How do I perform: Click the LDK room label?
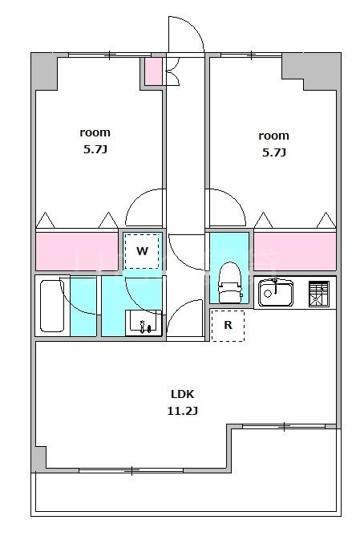(x=182, y=394)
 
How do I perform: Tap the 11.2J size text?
(x=182, y=411)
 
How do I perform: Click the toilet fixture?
(x=231, y=282)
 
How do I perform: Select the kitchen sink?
(x=276, y=293)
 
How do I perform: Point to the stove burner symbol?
(x=319, y=294)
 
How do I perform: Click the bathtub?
(x=52, y=306)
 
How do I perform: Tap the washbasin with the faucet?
(x=144, y=323)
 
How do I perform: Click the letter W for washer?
(x=142, y=251)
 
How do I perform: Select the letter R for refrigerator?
(x=228, y=325)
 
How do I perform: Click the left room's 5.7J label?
(x=95, y=149)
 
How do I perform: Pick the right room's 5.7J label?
(x=274, y=152)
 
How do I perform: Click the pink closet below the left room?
(x=77, y=251)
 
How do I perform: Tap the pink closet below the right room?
(x=295, y=251)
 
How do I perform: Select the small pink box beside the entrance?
(x=153, y=71)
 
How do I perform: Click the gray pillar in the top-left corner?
(x=44, y=71)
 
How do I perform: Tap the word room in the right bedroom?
(x=274, y=136)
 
